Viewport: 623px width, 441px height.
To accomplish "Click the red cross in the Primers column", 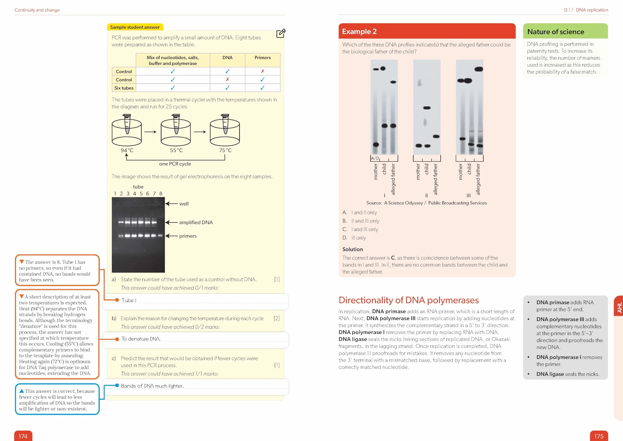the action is point(262,71).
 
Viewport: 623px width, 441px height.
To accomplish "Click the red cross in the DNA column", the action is point(227,79).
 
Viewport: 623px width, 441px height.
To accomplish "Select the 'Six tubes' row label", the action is point(124,88).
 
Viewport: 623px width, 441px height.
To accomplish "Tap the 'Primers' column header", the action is point(262,58).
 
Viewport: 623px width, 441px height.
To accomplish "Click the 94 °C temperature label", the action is point(127,150).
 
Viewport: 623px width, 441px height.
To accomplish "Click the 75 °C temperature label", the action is point(225,150).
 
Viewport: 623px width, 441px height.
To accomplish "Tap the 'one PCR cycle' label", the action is point(175,164).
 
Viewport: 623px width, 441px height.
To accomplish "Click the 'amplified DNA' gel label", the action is point(196,222).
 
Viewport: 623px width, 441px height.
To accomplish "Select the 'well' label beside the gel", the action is point(184,204).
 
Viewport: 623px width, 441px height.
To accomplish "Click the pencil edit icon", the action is point(281,33).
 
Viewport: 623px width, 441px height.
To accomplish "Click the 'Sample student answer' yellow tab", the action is point(135,27).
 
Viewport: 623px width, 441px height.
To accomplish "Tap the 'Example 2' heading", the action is point(359,32).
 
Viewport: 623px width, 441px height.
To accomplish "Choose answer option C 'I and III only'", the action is point(360,229).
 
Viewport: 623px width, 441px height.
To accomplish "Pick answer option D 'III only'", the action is point(354,238).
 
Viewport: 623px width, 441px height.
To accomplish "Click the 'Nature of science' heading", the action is point(555,32).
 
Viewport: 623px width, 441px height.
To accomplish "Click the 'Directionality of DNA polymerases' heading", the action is point(409,300).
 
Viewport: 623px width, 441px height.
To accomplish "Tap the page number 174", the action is point(23,436).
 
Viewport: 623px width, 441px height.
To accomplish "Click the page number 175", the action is point(599,436).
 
